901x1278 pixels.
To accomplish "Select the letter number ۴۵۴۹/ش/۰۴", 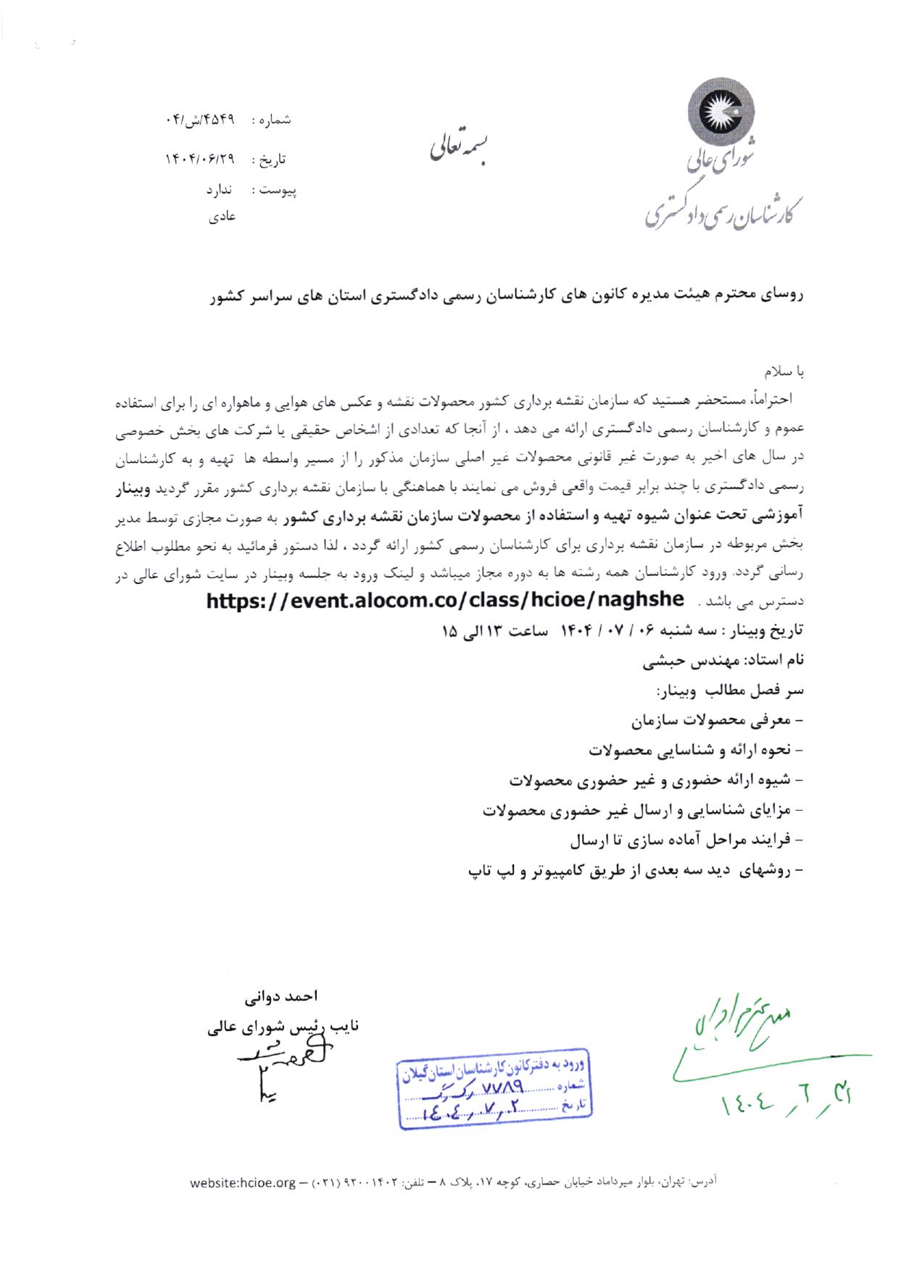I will pos(200,120).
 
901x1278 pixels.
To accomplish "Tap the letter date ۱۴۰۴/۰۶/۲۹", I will pos(200,159).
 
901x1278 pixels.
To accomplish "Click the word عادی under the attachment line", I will pos(221,216).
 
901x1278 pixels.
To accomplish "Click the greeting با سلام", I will pos(786,372).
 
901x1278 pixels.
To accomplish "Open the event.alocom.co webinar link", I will pos(445,600).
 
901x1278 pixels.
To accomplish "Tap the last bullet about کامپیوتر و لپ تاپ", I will pos(636,871).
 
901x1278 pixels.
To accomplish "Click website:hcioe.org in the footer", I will pos(243,1183).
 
